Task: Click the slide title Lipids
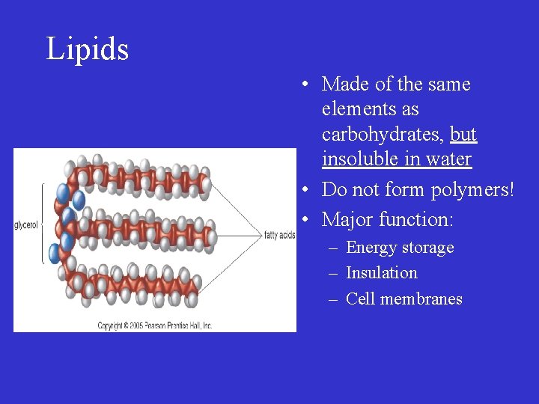(88, 49)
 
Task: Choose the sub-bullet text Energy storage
(400, 248)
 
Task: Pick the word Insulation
(382, 273)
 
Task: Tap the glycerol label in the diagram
(26, 225)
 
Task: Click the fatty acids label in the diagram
(280, 236)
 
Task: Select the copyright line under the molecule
(155, 325)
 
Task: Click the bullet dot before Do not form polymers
(307, 190)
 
